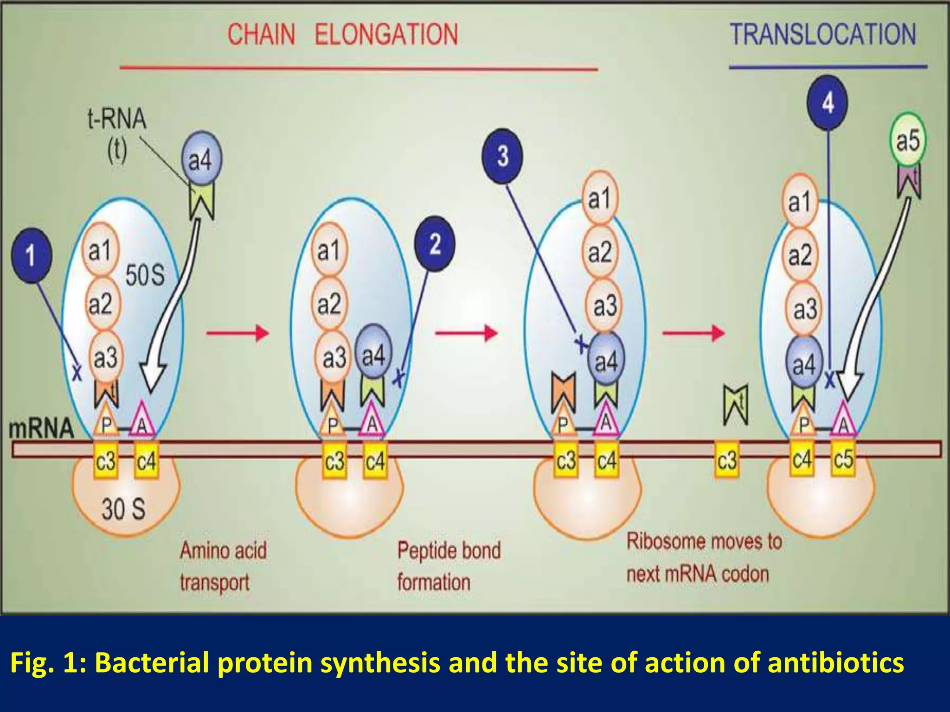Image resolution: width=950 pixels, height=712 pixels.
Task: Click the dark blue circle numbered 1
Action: point(31,255)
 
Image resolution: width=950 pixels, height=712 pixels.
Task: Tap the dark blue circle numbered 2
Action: point(435,244)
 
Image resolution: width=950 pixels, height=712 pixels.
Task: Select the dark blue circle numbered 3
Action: point(502,156)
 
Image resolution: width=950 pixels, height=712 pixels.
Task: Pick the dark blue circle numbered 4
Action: point(828,103)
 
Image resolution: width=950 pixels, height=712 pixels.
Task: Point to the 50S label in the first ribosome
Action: point(145,275)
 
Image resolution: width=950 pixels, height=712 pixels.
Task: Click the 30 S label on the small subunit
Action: point(123,509)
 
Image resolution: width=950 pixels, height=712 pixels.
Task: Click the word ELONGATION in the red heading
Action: point(386,35)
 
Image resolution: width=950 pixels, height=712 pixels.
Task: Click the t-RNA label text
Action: point(117,120)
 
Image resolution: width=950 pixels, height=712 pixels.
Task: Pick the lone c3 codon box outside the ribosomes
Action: point(727,460)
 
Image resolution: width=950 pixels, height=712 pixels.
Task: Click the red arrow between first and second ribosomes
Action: point(237,332)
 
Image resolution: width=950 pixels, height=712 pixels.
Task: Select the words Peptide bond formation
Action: point(449,566)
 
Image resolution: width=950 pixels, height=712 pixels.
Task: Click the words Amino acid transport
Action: point(223,566)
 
